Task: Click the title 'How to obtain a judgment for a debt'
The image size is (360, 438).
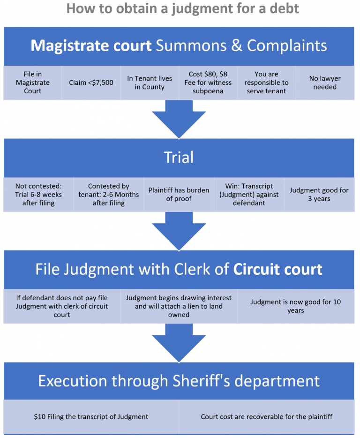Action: (182, 9)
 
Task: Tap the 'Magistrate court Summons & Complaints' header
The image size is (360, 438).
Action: (179, 45)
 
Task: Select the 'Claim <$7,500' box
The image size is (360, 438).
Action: (91, 83)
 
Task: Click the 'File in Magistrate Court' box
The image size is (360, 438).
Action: (33, 83)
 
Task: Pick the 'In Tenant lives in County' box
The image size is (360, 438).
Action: (150, 83)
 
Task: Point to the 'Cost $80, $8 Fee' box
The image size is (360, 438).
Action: (208, 83)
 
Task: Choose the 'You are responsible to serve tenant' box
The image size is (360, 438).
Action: (266, 83)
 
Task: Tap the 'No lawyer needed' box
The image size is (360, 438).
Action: (325, 83)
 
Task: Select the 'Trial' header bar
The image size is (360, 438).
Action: (179, 158)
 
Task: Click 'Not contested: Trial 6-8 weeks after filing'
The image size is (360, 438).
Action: (38, 195)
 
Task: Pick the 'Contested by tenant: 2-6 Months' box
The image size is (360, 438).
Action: (108, 195)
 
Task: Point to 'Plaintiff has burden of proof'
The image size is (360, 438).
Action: (179, 195)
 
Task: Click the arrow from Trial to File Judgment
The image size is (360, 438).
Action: (179, 230)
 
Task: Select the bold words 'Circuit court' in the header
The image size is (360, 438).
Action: (278, 270)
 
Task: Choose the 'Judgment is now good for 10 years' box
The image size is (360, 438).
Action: (295, 306)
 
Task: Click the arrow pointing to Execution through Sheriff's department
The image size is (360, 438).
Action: (179, 342)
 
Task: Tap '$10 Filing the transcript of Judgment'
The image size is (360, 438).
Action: (91, 416)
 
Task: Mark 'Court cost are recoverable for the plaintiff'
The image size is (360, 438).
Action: (266, 416)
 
